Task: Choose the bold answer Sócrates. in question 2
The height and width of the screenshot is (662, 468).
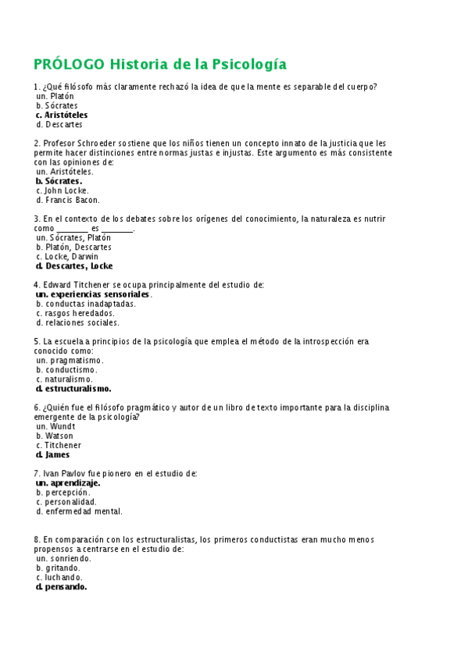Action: (63, 181)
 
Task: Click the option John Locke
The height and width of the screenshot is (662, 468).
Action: (66, 190)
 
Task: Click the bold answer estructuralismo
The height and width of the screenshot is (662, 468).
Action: (78, 388)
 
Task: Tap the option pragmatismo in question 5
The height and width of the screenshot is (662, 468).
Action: (76, 361)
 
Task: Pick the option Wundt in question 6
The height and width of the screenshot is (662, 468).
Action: (63, 426)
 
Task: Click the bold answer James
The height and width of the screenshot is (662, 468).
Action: (57, 454)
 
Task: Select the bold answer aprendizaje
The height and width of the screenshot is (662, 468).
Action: (75, 483)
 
